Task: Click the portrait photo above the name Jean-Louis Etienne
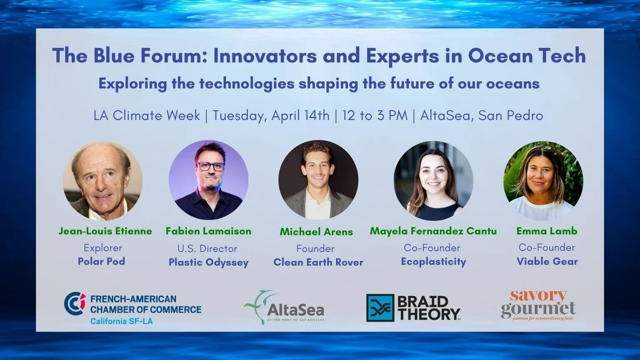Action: point(102,181)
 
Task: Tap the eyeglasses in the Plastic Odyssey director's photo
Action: point(210,166)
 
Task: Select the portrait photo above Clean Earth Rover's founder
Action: point(318,180)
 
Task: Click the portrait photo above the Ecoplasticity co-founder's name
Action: point(433,181)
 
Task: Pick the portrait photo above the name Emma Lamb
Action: point(543,181)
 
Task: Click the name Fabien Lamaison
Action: point(208,231)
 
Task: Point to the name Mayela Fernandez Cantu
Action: point(433,231)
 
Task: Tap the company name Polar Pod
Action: point(101,261)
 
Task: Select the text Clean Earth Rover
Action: point(318,262)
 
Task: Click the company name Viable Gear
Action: point(547,261)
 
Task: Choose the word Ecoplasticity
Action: point(433,262)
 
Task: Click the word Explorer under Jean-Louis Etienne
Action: point(103,248)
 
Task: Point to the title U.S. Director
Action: point(207,249)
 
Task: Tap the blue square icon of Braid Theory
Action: point(380,308)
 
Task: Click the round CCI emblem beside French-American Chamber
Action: point(75,303)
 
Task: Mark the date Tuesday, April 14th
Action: point(271,115)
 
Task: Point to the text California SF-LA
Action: point(122,321)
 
